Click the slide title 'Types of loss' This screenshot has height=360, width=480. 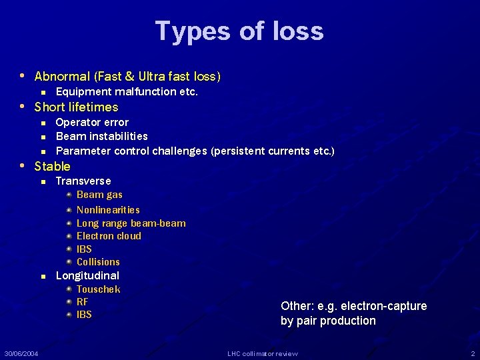(239, 31)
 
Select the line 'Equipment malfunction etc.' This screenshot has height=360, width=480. (127, 91)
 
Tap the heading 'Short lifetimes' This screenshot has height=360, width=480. (76, 107)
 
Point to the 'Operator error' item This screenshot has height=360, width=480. (92, 122)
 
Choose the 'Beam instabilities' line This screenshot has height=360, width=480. (101, 136)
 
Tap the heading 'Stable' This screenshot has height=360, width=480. (52, 166)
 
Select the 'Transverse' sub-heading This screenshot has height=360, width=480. (83, 181)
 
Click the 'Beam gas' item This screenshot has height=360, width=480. (99, 195)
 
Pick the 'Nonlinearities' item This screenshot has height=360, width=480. (108, 209)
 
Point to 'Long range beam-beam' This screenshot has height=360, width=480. (131, 223)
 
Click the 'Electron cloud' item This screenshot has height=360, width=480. (109, 235)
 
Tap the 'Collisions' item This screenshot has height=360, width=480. (98, 261)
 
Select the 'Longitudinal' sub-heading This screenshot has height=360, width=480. (87, 275)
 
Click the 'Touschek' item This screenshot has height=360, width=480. (98, 289)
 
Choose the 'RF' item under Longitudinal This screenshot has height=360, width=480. (83, 301)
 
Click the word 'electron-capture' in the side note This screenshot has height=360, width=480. (383, 306)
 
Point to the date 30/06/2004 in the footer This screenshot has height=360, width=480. (21, 353)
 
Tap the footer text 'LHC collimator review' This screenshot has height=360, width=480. (263, 353)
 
